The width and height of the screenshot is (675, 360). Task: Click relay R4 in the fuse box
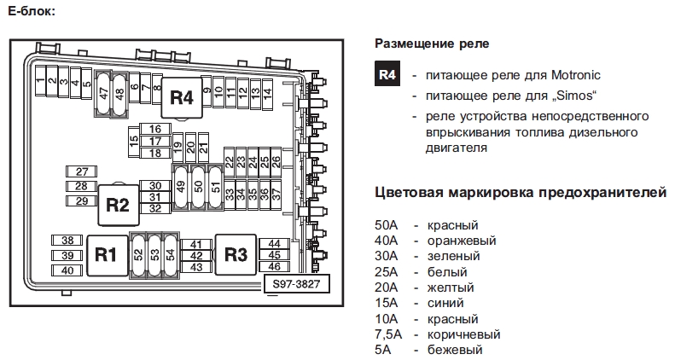click(x=181, y=98)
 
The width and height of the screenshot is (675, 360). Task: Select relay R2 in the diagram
click(x=117, y=205)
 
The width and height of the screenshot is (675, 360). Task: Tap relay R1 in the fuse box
click(x=105, y=254)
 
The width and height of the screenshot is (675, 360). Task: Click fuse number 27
click(x=82, y=171)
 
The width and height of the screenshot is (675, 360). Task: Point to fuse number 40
click(x=67, y=270)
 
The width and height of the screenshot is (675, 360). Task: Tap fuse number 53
click(x=154, y=254)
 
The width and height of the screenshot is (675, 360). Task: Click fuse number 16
click(x=155, y=130)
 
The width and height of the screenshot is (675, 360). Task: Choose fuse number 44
click(x=274, y=244)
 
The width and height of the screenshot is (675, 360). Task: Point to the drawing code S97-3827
click(x=295, y=285)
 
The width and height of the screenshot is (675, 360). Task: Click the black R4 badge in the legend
click(x=387, y=74)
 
